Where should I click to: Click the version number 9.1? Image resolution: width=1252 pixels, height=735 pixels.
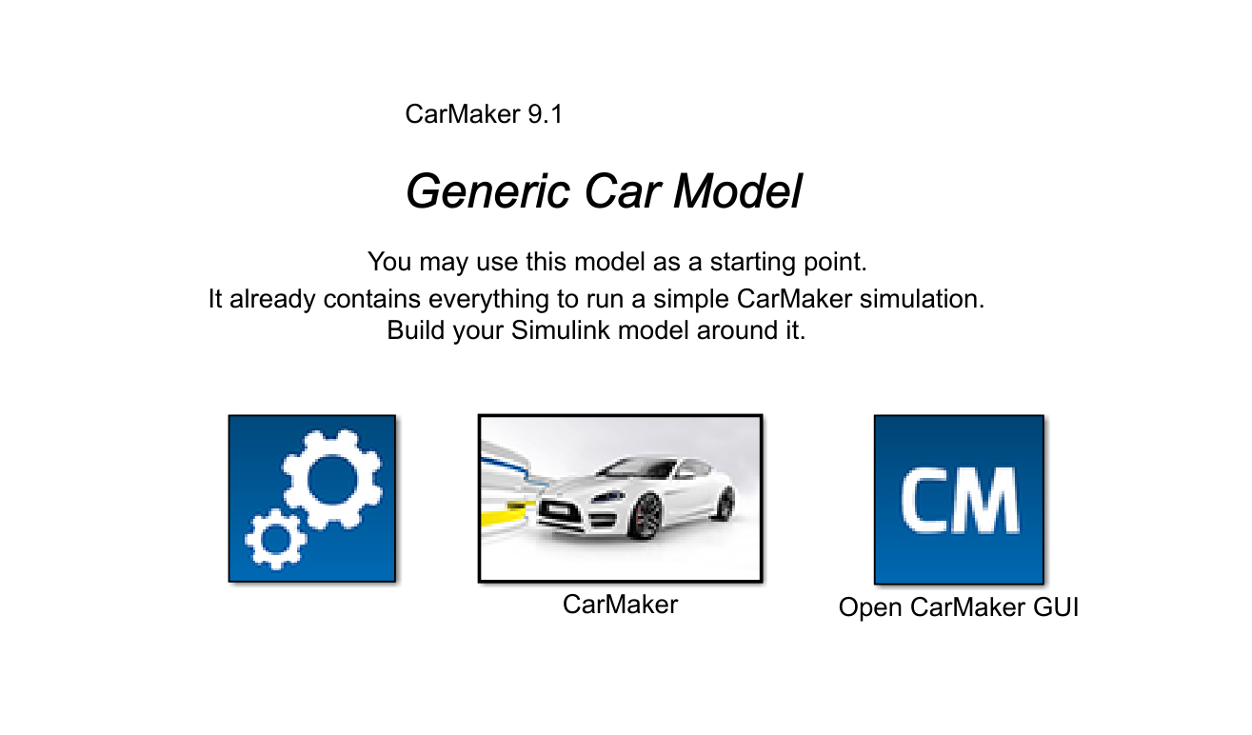coord(545,115)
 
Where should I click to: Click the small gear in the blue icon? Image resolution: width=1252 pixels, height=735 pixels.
coord(275,539)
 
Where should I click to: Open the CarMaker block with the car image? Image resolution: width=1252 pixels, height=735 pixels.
coord(620,498)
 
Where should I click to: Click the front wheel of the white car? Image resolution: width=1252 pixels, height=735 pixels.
coord(648,517)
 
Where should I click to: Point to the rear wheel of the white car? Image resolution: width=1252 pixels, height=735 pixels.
coord(725,502)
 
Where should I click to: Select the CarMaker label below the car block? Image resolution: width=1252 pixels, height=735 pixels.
coord(620,605)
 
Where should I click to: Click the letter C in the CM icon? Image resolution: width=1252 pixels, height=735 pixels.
coord(926,501)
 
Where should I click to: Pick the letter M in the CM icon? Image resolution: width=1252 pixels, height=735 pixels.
coord(986,501)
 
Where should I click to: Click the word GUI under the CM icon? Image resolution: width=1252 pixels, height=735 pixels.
coord(1054,607)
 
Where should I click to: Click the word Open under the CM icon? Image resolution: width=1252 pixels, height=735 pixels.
coord(869,607)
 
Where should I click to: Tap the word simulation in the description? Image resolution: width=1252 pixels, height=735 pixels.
coord(920,299)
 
